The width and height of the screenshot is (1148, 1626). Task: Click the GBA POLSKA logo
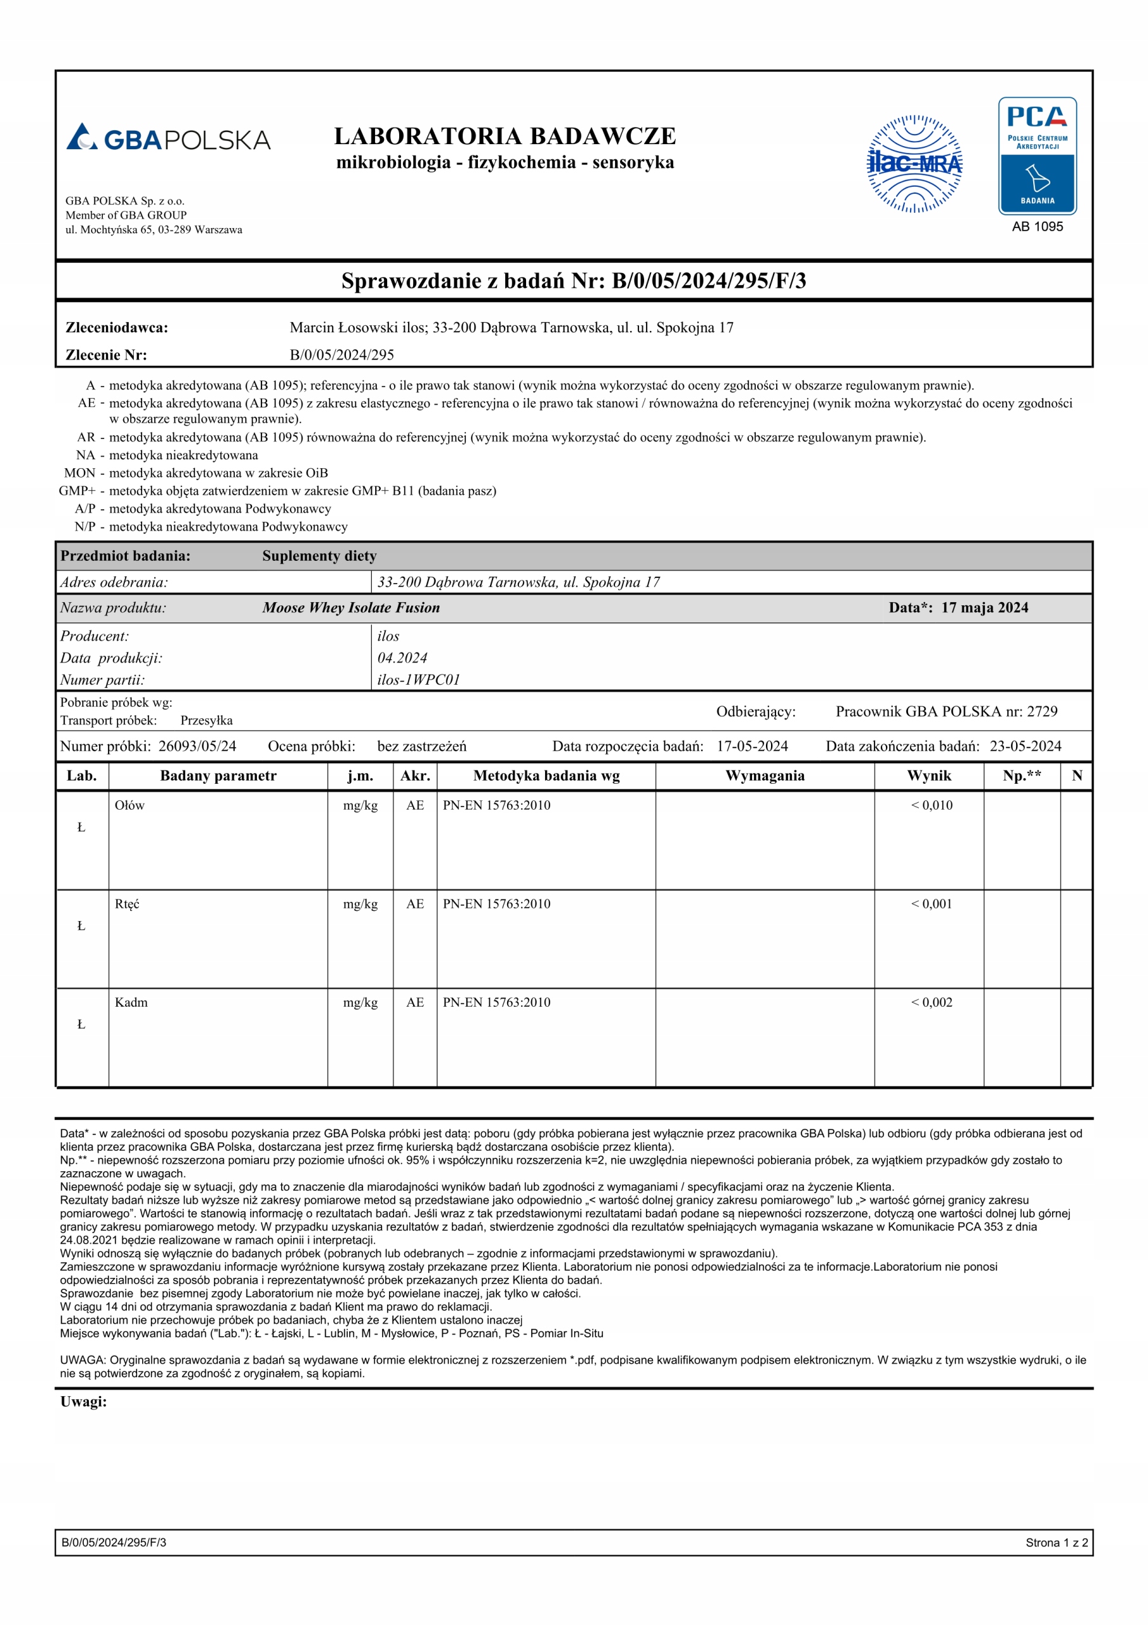pos(168,138)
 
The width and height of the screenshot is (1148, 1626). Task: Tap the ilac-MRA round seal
pos(914,164)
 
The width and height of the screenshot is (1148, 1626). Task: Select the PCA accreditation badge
pos(1037,156)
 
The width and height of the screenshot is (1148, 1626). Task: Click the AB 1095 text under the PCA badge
pos(1037,227)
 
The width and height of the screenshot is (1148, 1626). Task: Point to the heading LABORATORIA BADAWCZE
pos(505,136)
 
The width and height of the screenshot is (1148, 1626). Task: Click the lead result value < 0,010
pos(932,805)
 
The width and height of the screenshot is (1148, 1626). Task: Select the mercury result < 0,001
pos(932,904)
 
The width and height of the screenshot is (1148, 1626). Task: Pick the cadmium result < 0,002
pos(932,1002)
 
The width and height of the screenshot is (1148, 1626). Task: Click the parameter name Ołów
pos(129,805)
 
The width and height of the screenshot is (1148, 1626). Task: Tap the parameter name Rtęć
pos(128,904)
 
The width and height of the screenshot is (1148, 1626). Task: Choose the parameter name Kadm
pos(131,1002)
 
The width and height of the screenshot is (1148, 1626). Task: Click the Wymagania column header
pos(765,776)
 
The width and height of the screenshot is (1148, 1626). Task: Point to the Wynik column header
pos(928,776)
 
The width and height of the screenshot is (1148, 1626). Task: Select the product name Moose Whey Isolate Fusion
pos(351,608)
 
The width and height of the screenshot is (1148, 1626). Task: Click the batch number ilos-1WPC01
pos(418,680)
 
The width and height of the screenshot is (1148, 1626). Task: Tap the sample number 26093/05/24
pos(197,746)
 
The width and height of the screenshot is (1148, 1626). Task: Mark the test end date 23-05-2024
pos(1025,746)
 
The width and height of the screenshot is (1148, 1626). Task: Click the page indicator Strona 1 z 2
pos(1056,1542)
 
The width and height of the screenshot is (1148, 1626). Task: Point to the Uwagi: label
pos(84,1402)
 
